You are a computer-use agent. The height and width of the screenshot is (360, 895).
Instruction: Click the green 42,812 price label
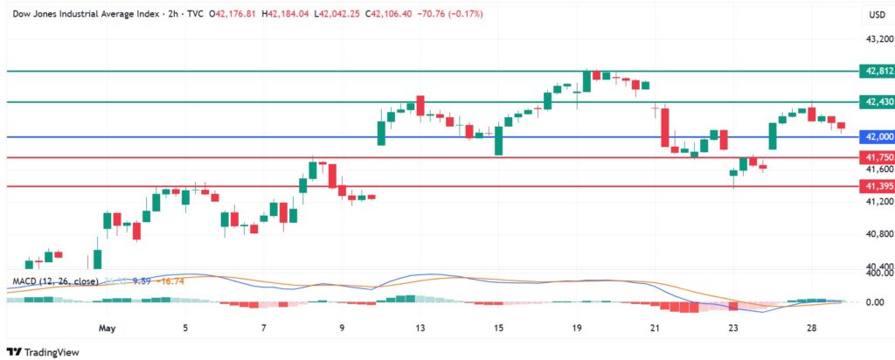click(x=877, y=71)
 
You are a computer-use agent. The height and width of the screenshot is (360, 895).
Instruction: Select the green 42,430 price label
click(x=877, y=102)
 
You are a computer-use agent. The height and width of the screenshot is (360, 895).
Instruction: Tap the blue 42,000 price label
click(x=877, y=137)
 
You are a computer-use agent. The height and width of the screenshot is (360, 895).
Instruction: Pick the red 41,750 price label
click(x=877, y=157)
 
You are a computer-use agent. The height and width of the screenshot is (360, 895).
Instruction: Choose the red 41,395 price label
click(x=877, y=186)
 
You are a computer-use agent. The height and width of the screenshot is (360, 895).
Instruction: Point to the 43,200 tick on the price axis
click(x=877, y=39)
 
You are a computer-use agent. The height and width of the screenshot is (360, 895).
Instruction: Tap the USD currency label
click(x=877, y=15)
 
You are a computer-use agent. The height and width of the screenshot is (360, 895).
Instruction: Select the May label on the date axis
click(x=108, y=329)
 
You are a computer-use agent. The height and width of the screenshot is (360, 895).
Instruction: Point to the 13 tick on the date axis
click(x=420, y=329)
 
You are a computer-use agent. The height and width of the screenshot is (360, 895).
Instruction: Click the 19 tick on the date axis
click(x=577, y=329)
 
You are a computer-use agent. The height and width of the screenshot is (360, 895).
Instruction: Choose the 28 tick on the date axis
click(x=812, y=329)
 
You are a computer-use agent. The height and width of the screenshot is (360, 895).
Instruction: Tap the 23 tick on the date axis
click(x=733, y=329)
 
